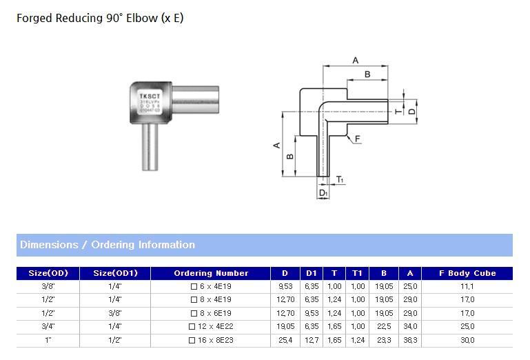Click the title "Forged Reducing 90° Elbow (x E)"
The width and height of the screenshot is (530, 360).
click(100, 19)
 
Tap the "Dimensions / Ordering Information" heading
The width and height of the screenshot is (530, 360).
click(108, 245)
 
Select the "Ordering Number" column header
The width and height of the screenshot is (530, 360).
click(211, 273)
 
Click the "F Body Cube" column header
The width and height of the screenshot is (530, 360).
click(467, 273)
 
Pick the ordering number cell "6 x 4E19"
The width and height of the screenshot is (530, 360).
click(215, 286)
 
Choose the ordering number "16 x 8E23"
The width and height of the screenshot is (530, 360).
click(215, 341)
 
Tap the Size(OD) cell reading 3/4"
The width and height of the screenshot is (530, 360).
click(48, 327)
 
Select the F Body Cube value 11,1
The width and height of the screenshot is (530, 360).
click(467, 286)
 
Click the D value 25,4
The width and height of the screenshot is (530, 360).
click(285, 341)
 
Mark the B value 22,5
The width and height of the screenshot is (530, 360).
click(384, 327)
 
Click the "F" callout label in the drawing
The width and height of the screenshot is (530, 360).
click(358, 139)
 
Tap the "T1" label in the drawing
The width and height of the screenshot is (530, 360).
click(340, 181)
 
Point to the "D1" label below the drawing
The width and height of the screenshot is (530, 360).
click(323, 194)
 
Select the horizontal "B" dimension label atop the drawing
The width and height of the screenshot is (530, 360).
click(367, 74)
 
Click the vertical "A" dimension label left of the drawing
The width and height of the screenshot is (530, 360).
click(276, 145)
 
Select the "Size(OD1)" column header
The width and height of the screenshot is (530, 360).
click(116, 273)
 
